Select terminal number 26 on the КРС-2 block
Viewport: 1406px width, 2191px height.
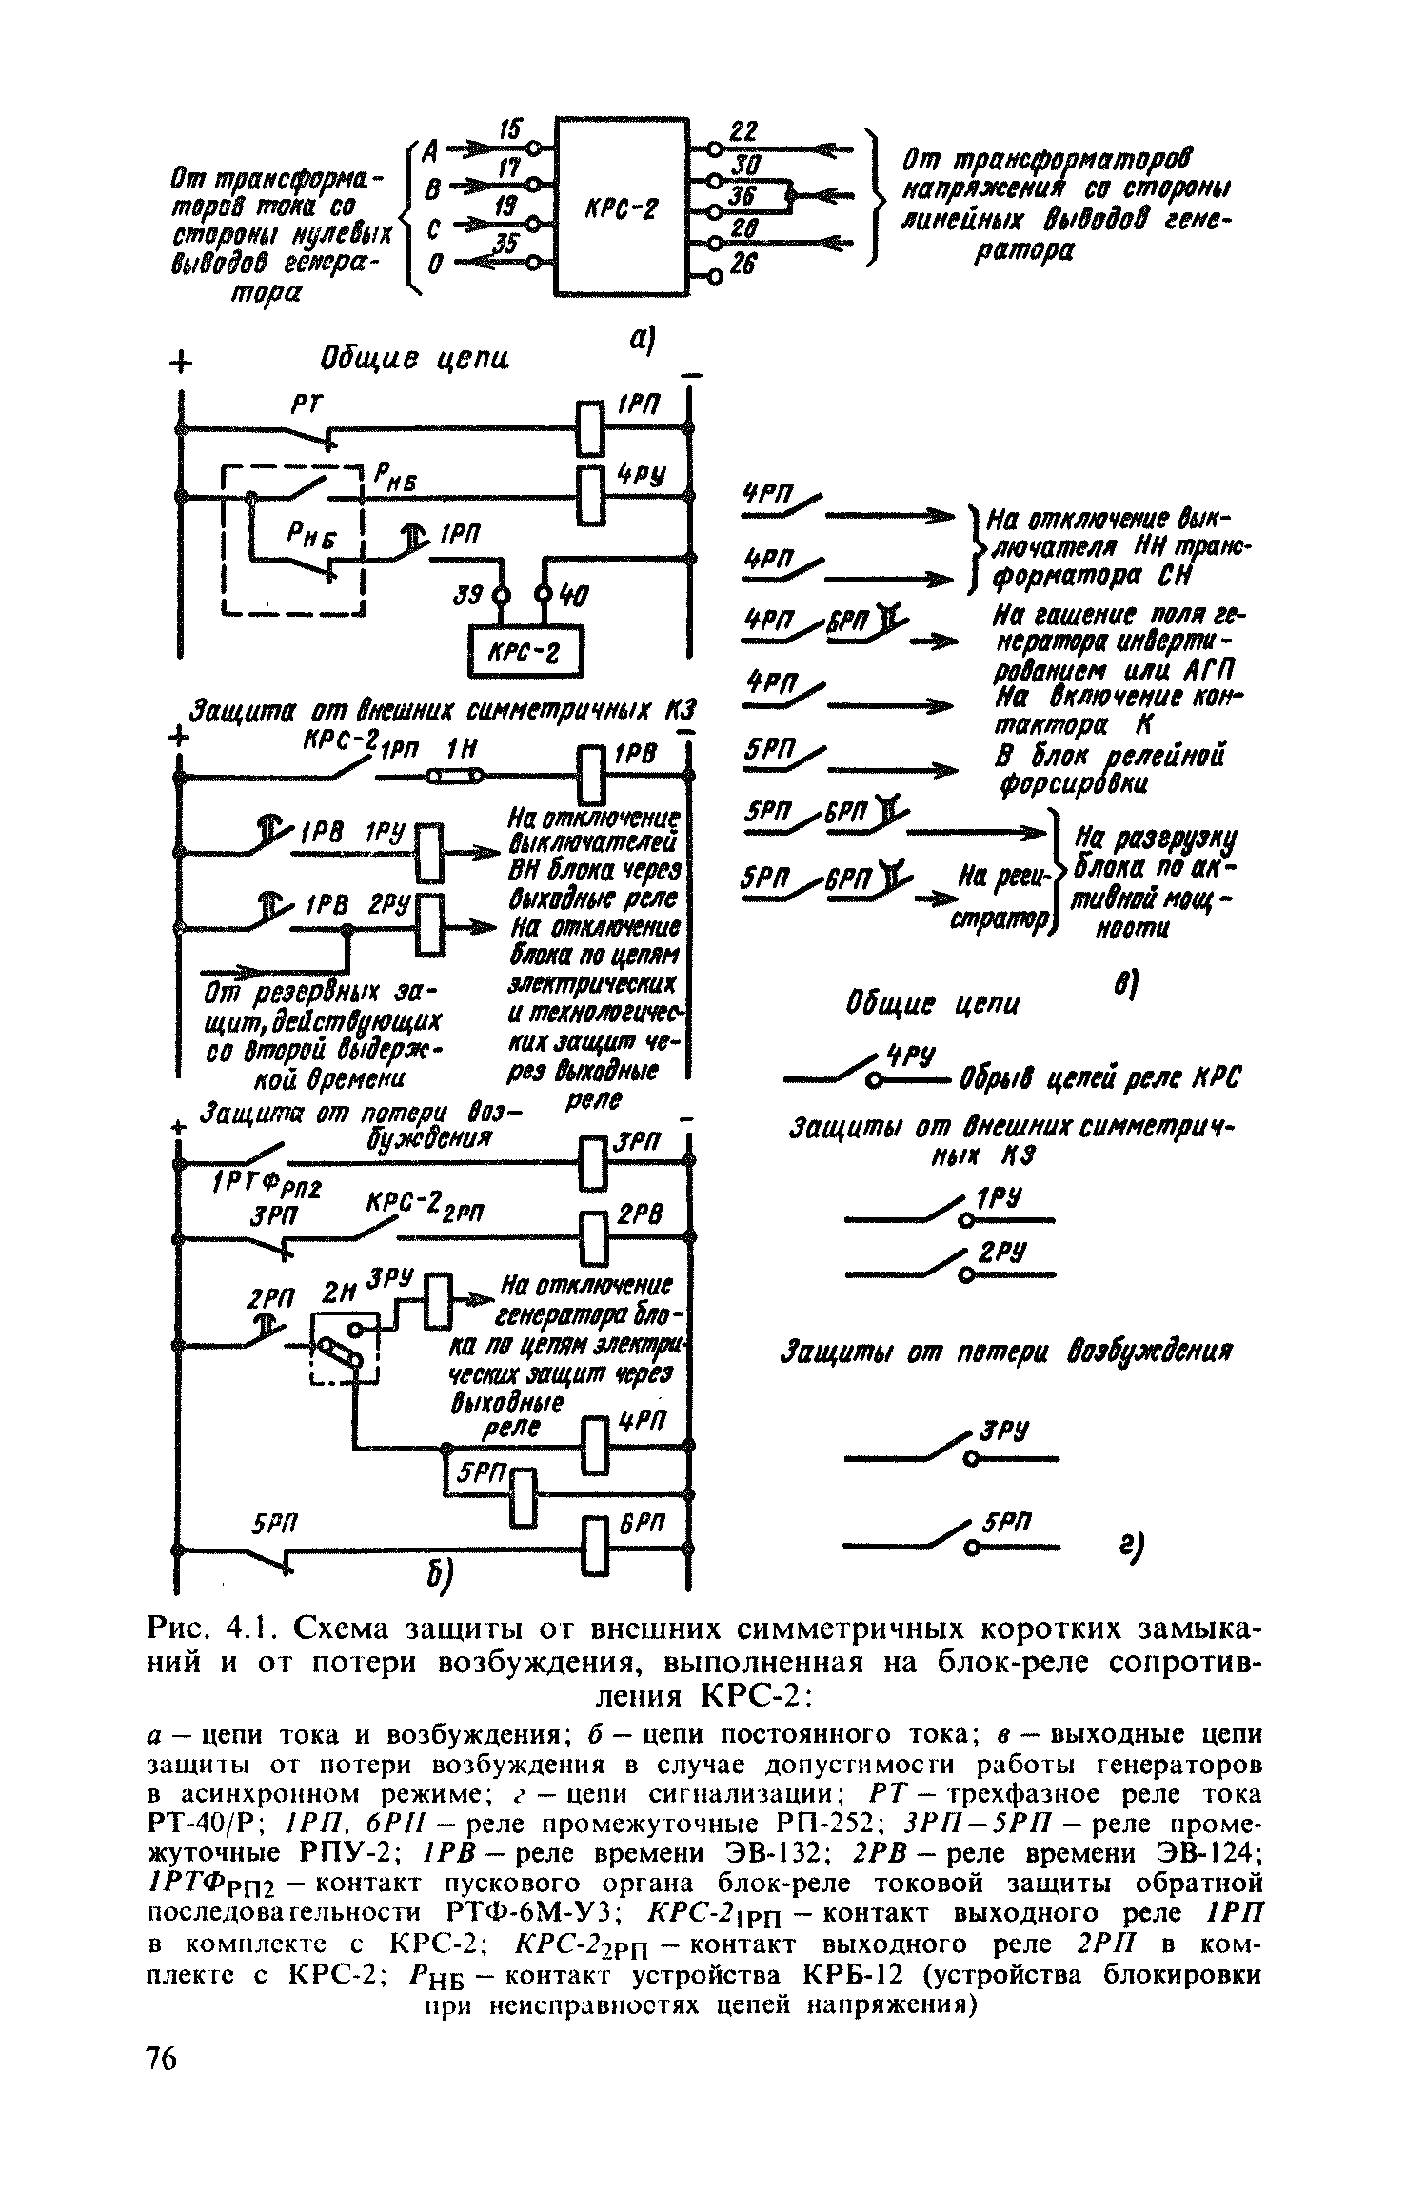pyautogui.click(x=743, y=269)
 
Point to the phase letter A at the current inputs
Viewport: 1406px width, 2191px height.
pyautogui.click(x=430, y=150)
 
